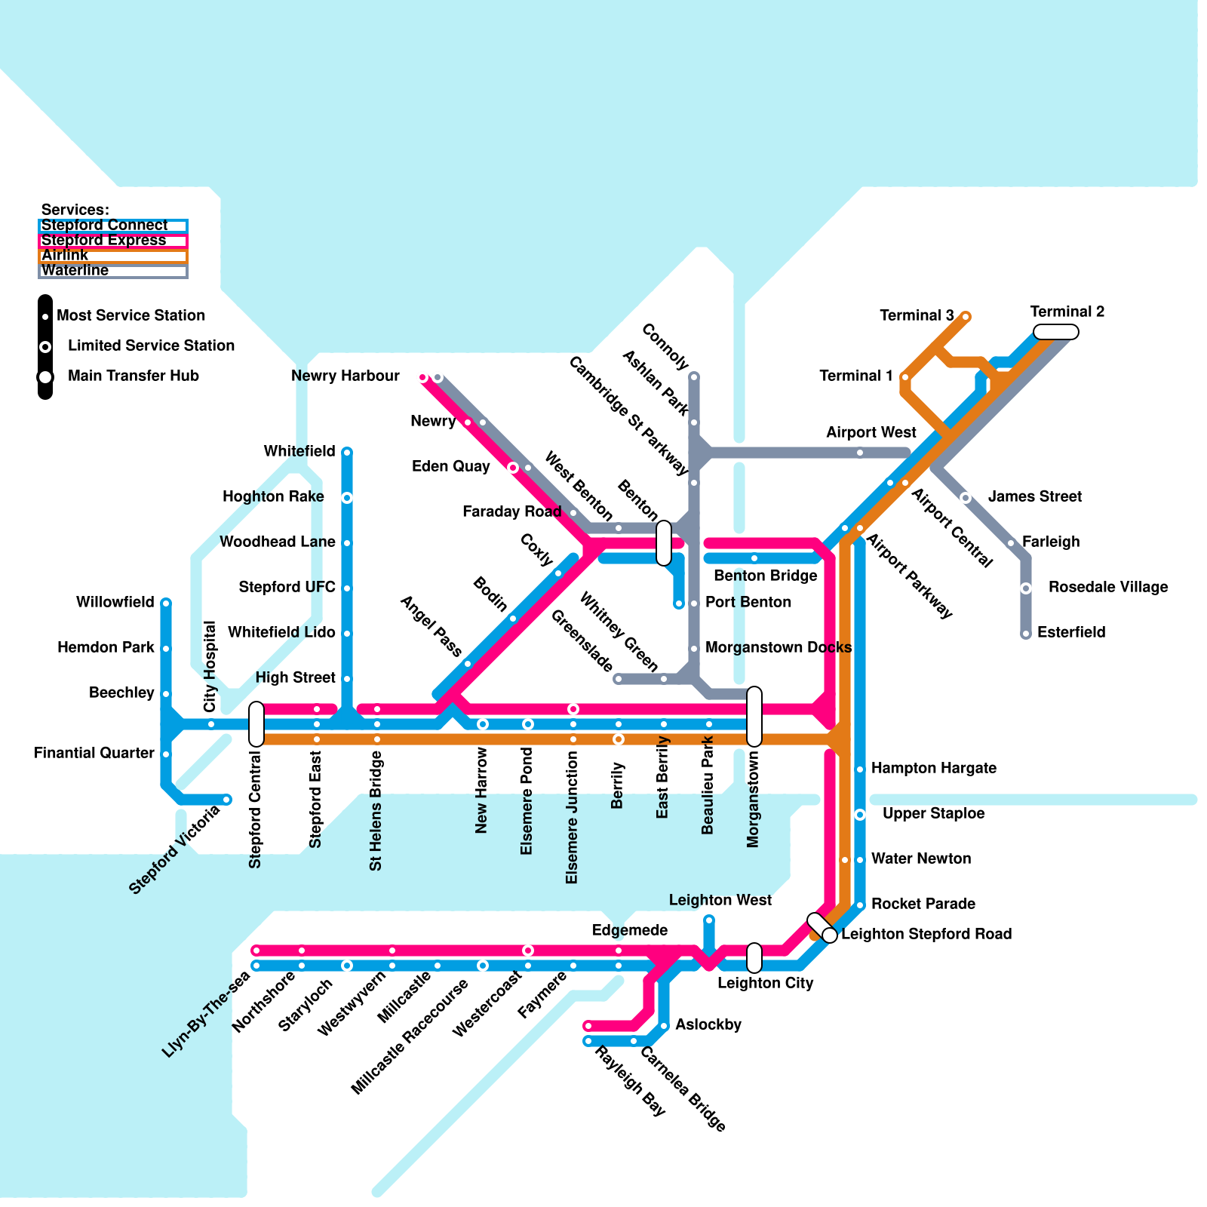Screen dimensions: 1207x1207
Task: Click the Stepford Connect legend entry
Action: [x=113, y=226]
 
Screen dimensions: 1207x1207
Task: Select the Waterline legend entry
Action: [x=113, y=271]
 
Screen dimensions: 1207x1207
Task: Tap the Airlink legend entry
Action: [x=113, y=256]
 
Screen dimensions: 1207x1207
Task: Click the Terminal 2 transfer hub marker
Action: [x=1056, y=332]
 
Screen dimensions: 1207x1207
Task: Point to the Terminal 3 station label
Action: [x=917, y=315]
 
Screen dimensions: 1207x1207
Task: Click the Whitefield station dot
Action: [x=347, y=453]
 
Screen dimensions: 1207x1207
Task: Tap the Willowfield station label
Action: [x=115, y=602]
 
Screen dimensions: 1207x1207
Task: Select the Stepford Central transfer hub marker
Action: [x=256, y=724]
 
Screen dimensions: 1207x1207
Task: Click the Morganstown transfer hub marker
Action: [x=754, y=717]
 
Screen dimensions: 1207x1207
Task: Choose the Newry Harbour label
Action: [x=346, y=376]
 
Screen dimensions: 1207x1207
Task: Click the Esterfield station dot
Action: [x=1026, y=634]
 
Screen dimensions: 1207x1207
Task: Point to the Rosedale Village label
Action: [x=1108, y=587]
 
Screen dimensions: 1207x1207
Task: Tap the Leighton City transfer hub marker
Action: [x=754, y=958]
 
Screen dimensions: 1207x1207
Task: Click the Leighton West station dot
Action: [x=709, y=920]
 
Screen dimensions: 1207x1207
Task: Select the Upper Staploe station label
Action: [x=934, y=813]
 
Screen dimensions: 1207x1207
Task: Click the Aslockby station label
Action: [x=708, y=1024]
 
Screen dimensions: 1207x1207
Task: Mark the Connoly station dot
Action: [x=694, y=376]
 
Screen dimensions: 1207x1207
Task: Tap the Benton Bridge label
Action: [x=766, y=576]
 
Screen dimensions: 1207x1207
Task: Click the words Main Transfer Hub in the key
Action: [x=134, y=376]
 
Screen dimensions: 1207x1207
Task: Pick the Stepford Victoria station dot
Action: [x=226, y=800]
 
